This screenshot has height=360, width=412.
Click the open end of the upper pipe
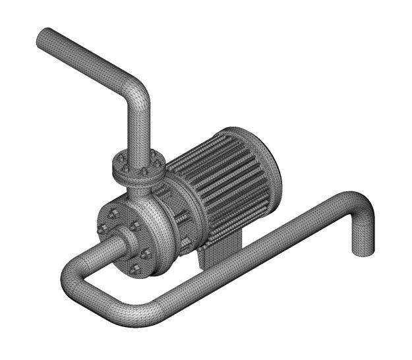coord(44,37)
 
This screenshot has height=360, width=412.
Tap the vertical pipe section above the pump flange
coord(139,132)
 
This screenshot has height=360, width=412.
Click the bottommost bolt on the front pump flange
coord(136,268)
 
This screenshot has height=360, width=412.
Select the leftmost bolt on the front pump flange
coord(102,229)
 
